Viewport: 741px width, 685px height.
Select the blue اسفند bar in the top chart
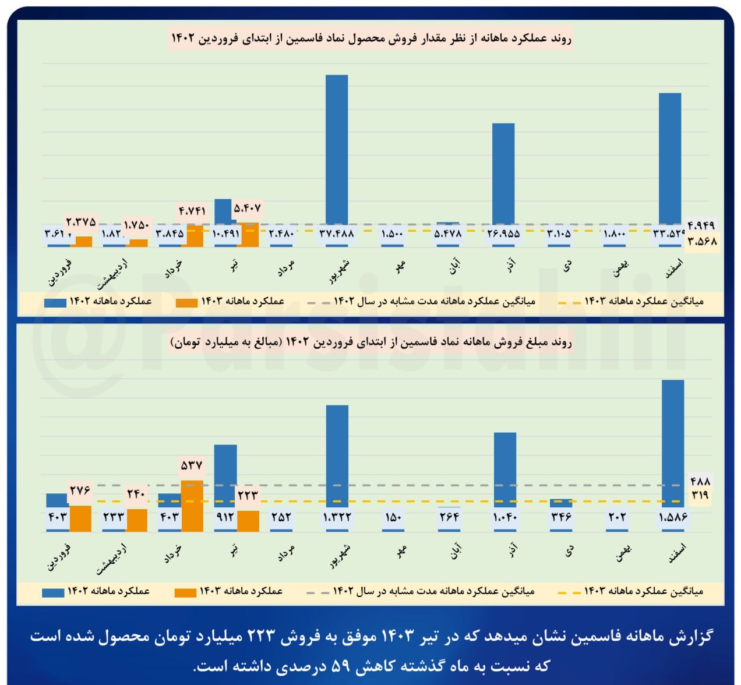point(670,157)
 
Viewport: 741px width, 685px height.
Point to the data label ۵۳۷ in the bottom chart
point(192,465)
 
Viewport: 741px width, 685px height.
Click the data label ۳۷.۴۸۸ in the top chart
point(337,234)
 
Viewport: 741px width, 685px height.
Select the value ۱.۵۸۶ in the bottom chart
point(673,517)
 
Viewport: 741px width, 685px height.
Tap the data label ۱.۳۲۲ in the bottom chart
point(337,517)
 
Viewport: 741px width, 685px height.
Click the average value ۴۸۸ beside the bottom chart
point(700,481)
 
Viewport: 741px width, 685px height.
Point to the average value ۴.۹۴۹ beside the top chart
point(701,225)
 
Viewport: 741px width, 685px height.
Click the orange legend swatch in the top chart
point(187,302)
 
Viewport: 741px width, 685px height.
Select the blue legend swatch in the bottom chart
point(53,592)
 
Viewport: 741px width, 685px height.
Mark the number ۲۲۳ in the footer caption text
point(262,636)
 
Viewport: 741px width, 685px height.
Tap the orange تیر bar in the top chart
point(248,235)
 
